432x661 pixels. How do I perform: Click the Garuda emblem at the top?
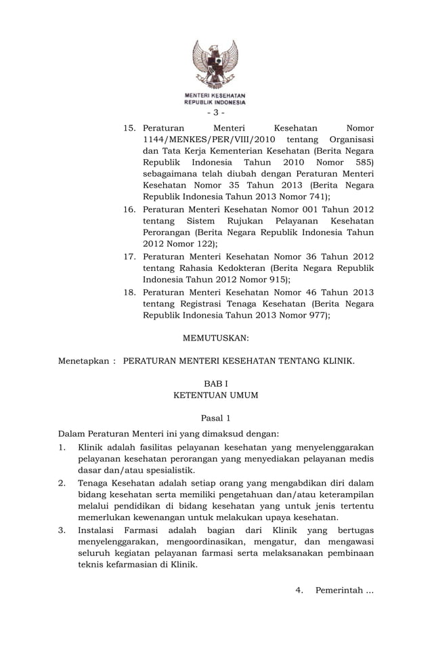pyautogui.click(x=215, y=64)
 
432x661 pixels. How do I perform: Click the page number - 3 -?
pyautogui.click(x=215, y=112)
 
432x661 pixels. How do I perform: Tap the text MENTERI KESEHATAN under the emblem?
pyautogui.click(x=215, y=95)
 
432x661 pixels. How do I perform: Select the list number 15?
pyautogui.click(x=129, y=127)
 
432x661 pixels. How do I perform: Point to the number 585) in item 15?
pyautogui.click(x=363, y=163)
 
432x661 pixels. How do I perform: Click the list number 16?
pyautogui.click(x=129, y=209)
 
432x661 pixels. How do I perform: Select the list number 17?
pyautogui.click(x=129, y=257)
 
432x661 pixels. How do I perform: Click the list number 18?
pyautogui.click(x=129, y=292)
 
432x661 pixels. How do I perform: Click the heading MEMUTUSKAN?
pyautogui.click(x=215, y=337)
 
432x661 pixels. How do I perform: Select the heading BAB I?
pyautogui.click(x=215, y=383)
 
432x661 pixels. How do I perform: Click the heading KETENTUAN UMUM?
pyautogui.click(x=215, y=395)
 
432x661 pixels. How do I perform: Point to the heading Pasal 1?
pyautogui.click(x=215, y=419)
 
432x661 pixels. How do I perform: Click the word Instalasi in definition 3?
pyautogui.click(x=100, y=530)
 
